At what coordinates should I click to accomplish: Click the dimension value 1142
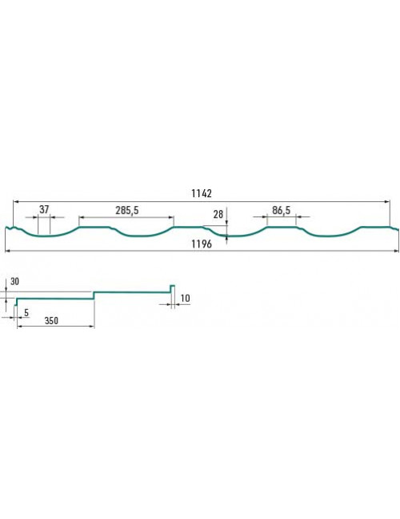202,193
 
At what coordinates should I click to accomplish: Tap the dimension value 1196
202,244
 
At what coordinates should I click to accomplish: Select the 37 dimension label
44,209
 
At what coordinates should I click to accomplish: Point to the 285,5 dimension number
127,210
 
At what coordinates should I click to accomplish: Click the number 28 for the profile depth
218,215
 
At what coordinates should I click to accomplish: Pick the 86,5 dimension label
282,210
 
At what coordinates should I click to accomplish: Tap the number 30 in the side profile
14,282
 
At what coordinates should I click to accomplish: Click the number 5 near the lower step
26,313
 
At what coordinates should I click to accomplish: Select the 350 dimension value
51,321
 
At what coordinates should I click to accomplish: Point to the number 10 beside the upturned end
185,299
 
